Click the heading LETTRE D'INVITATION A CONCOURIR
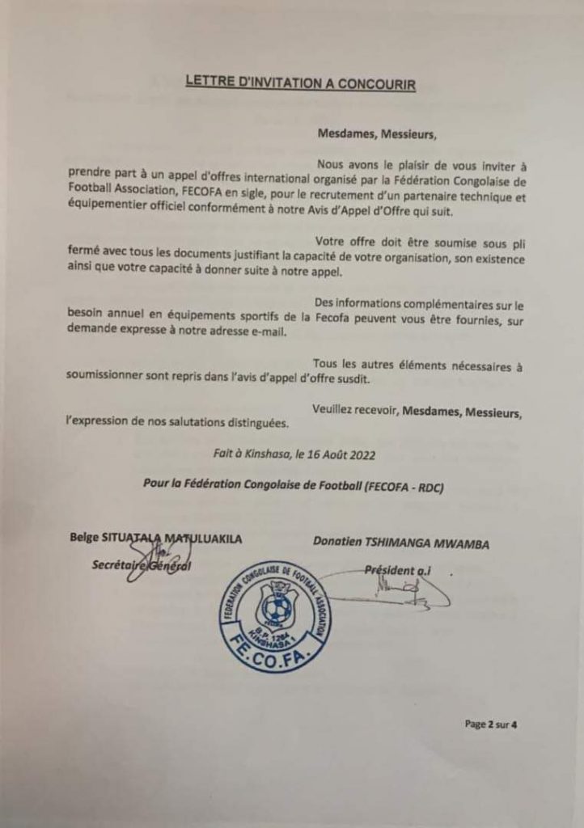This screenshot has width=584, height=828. coord(300,82)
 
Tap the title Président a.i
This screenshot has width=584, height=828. coord(399,569)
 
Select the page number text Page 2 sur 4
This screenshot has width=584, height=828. coord(490,724)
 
